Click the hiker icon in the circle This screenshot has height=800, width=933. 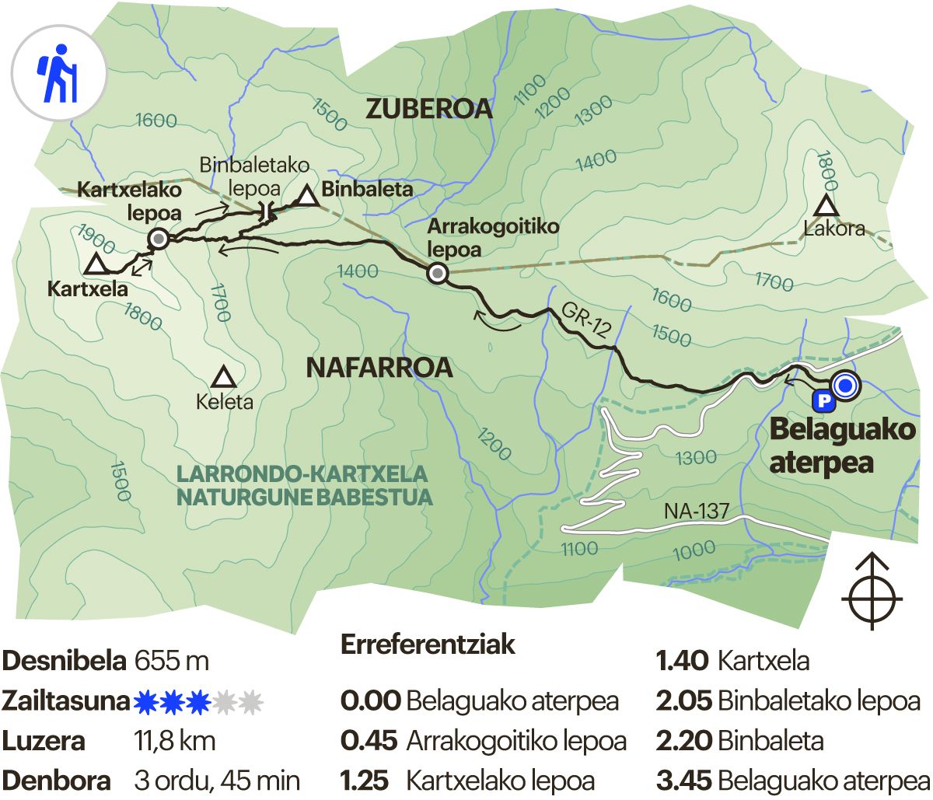(58, 73)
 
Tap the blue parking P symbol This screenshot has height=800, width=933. (823, 401)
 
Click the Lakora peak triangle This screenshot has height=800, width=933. (825, 207)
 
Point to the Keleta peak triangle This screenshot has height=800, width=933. (225, 379)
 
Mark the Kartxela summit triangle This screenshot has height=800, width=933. (96, 264)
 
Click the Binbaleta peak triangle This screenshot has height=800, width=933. (308, 196)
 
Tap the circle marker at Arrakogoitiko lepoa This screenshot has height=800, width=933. (438, 273)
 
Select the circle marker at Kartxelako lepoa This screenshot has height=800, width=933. (159, 239)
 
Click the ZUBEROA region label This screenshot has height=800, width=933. (429, 109)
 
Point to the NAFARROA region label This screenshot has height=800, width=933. (379, 368)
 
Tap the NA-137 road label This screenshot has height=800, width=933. (696, 512)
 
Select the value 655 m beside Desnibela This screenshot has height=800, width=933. (172, 662)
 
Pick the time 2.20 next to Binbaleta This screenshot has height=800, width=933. (683, 741)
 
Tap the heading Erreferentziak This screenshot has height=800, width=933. (428, 645)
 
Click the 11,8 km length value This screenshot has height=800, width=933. (175, 742)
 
